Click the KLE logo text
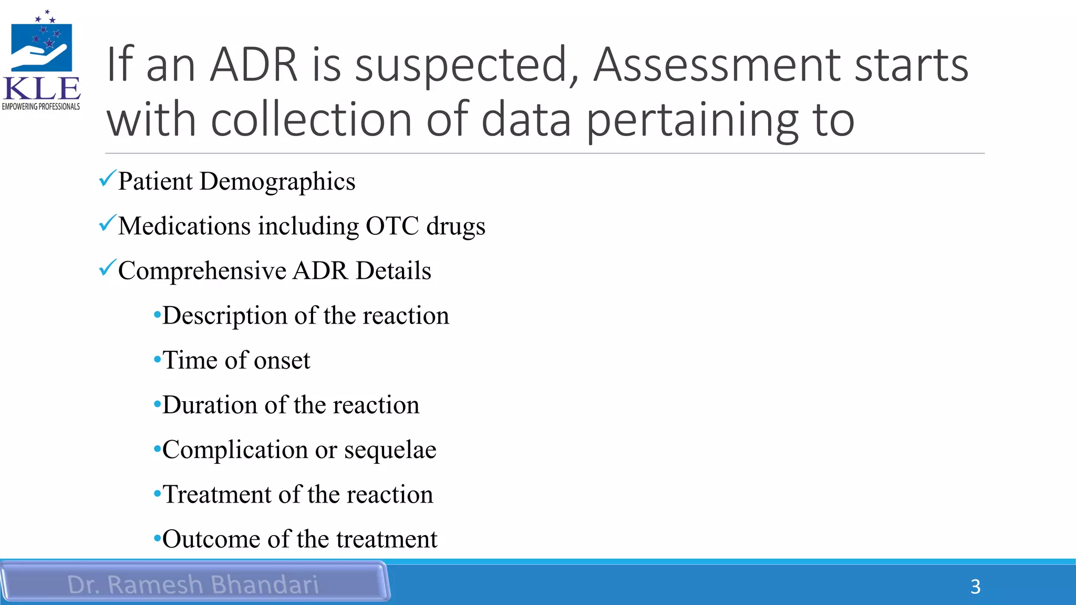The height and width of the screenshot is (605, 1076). point(42,88)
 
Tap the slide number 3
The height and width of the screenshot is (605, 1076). point(975,587)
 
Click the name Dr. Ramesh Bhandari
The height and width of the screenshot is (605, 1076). point(193,585)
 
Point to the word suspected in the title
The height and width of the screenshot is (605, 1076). point(467,66)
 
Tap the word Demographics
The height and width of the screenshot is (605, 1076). point(277,182)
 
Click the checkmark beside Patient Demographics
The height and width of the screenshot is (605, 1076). point(107,179)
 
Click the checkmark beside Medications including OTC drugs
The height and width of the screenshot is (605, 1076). point(107,224)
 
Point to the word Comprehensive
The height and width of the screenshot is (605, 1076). point(202,271)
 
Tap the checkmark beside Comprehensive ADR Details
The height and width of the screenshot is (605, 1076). point(107,268)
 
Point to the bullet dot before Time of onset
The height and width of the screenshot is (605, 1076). point(157,360)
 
